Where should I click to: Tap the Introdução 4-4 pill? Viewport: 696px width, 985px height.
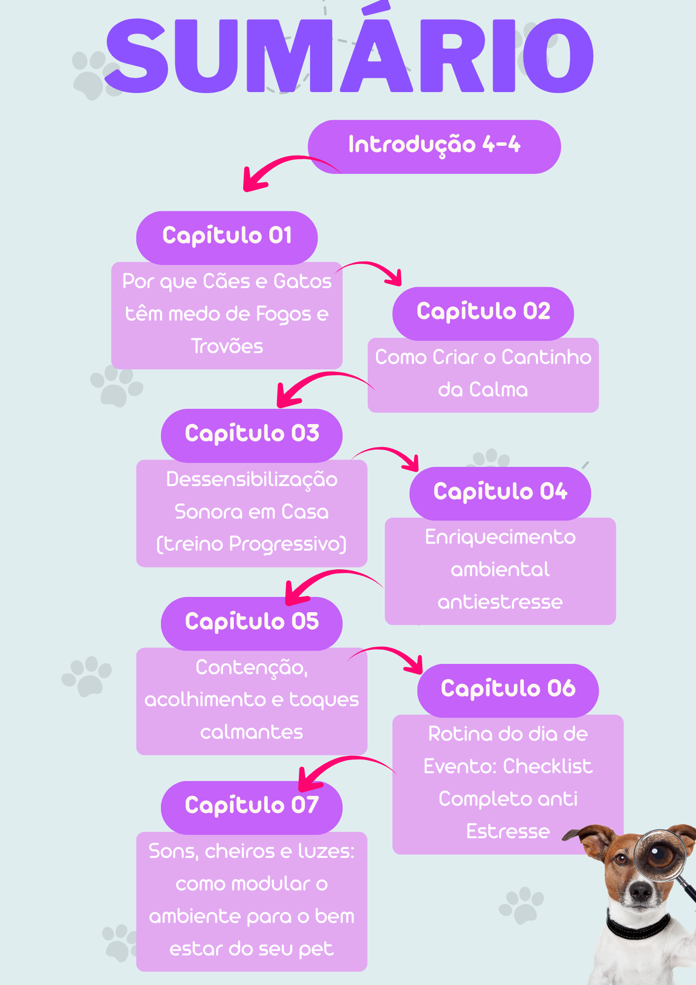[x=434, y=146]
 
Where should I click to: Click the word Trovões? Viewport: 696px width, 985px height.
[x=227, y=346]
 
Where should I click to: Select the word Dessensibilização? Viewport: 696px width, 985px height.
[x=252, y=480]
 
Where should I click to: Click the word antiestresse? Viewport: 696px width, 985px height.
[x=500, y=602]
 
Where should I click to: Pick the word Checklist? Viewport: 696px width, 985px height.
[x=547, y=766]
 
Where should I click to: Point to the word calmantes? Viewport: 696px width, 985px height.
[x=252, y=732]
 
